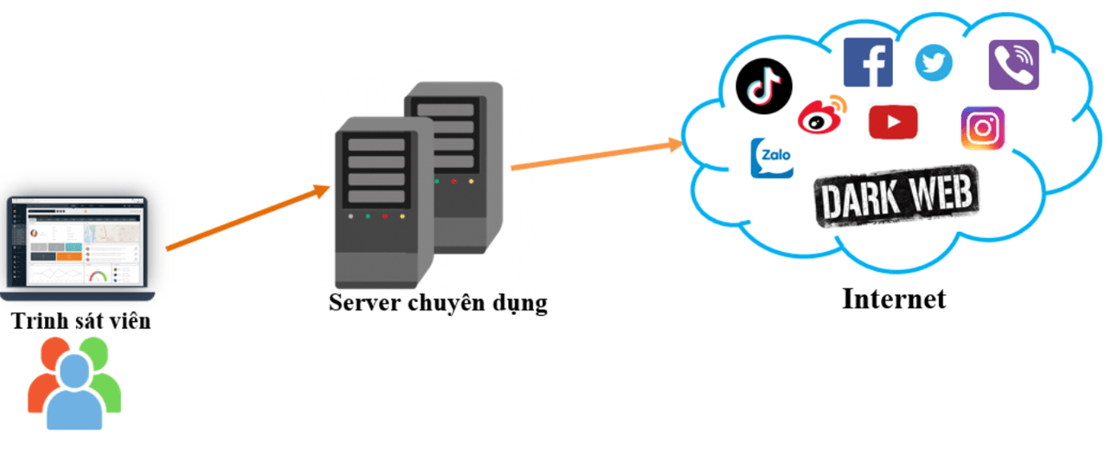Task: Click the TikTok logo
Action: point(764,87)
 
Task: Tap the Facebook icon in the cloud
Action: point(868,62)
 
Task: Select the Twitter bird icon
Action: point(934,62)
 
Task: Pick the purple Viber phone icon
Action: point(1013,65)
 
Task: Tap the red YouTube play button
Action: point(892,122)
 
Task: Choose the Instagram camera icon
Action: point(982,129)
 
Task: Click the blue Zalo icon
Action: point(771,158)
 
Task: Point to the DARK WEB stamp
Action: point(896,196)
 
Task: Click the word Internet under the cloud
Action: point(894,299)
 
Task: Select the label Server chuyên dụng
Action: point(437,303)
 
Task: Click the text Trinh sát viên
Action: point(81,322)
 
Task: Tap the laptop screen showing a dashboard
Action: point(78,242)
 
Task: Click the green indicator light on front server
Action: point(368,216)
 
